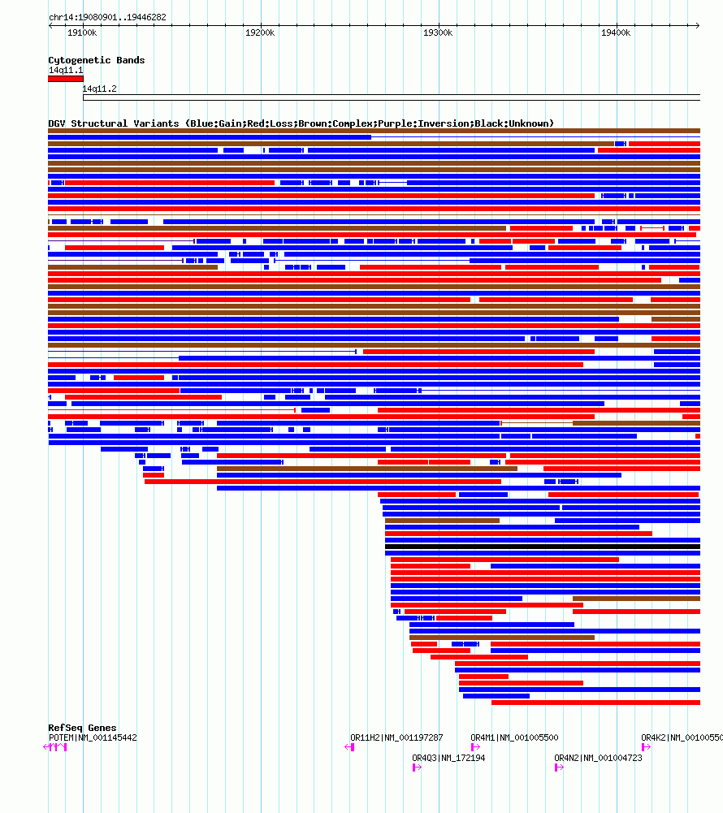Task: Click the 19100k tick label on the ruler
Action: click(x=82, y=32)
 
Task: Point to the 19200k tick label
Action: click(x=260, y=32)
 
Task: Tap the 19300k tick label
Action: click(x=438, y=32)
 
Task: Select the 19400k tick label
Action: click(x=616, y=32)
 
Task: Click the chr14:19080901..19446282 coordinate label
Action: click(x=107, y=17)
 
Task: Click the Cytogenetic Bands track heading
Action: click(x=97, y=60)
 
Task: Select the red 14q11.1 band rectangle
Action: click(x=65, y=79)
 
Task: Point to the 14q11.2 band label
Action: click(x=99, y=89)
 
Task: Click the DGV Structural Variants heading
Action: click(x=301, y=123)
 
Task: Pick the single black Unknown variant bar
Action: click(x=542, y=547)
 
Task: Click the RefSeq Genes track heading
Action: click(x=82, y=728)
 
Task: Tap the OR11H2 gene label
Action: click(x=396, y=737)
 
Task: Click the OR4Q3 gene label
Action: click(x=448, y=758)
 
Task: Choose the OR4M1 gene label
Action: click(x=514, y=737)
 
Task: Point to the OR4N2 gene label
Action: click(x=598, y=758)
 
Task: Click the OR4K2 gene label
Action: click(x=681, y=737)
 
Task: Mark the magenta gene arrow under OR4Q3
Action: click(x=417, y=767)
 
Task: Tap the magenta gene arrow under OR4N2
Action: click(x=559, y=767)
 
